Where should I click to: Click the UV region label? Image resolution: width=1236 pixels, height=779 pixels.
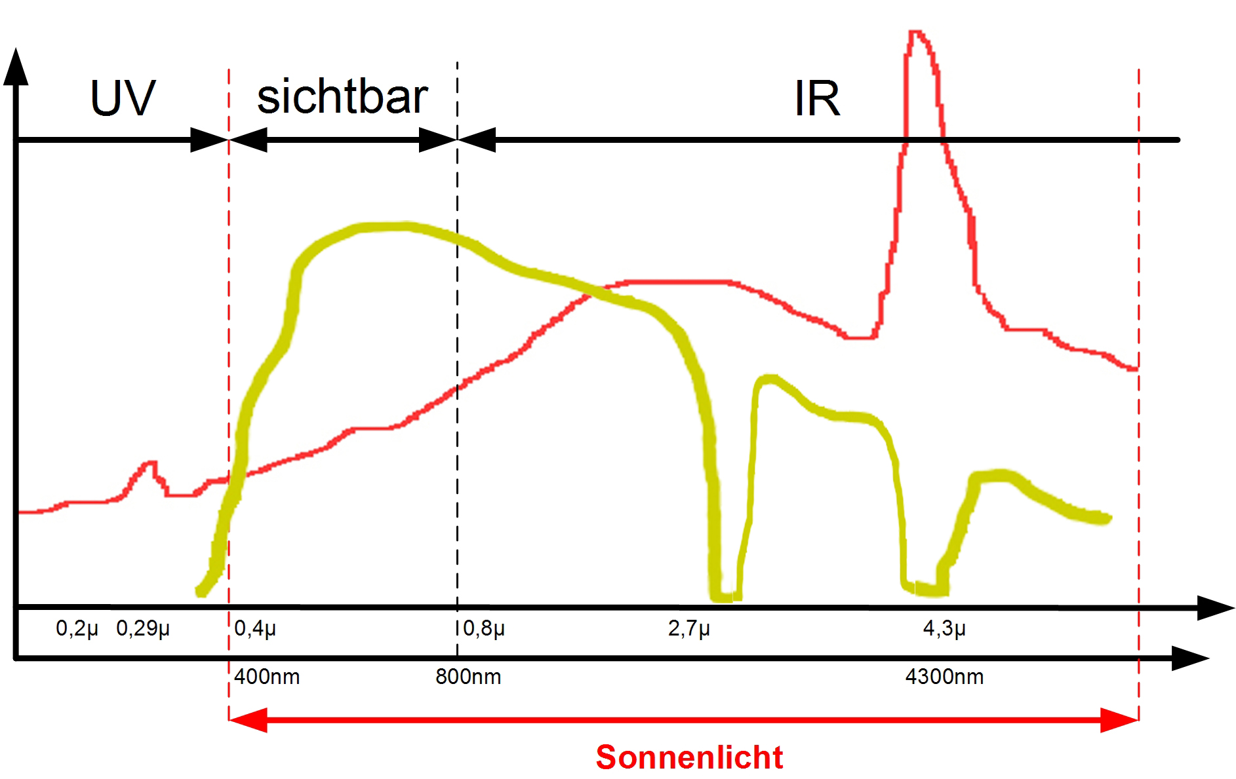(123, 98)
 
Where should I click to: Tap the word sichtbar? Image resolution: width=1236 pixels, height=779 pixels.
(342, 97)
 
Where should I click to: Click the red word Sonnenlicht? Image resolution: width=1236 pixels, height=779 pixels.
(689, 757)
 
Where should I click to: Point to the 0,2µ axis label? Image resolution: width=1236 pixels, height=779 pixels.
(77, 628)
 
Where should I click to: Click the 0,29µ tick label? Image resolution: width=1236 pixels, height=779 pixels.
(143, 628)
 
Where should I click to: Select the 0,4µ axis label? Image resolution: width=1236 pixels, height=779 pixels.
(255, 628)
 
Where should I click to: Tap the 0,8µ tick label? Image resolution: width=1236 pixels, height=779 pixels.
(484, 628)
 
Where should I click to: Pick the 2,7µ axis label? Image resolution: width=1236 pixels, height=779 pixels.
(689, 628)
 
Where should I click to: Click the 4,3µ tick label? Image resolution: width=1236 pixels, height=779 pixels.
(944, 628)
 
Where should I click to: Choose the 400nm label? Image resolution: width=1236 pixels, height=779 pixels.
(267, 677)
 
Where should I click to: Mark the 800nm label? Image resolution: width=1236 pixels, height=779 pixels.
(468, 677)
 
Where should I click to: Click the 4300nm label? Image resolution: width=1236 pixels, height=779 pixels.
(944, 677)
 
